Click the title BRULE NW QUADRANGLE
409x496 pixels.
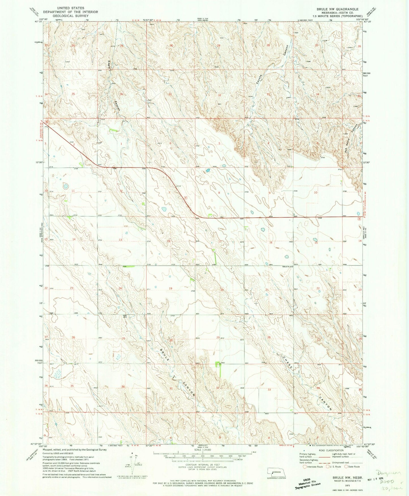click(337, 9)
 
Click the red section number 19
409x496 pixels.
click(170, 288)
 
